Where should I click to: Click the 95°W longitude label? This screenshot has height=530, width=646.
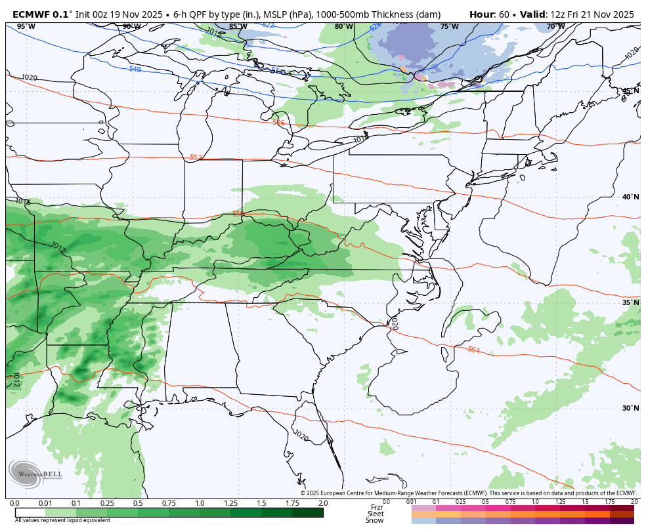coord(26,26)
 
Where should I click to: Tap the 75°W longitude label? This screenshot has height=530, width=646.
coord(449,26)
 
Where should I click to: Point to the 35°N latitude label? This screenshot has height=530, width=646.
coord(630,302)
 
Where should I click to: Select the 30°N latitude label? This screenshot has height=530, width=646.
coord(630,408)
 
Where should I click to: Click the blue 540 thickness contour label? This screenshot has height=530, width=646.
coord(135,69)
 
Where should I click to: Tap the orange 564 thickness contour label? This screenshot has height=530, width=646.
coord(473,350)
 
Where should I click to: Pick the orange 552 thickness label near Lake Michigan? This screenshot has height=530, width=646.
coord(196,157)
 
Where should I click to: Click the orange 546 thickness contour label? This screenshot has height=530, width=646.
coord(278,123)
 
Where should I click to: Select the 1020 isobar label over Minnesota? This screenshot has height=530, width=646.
coord(29,77)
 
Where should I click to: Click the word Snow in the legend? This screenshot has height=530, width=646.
coord(375,520)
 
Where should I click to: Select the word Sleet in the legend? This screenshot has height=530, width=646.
coord(376,514)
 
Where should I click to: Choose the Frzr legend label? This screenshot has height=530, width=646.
coord(377,507)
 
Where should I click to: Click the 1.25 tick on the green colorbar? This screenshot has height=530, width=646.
coord(230,503)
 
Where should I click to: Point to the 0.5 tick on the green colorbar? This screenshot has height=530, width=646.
coord(138,503)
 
